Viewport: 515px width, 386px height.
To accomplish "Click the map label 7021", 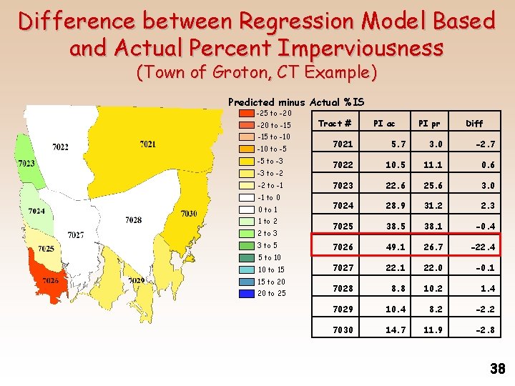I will [x=147, y=144].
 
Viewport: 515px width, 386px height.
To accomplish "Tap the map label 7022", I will [x=61, y=147].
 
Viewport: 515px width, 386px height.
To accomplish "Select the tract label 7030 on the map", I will [x=188, y=214].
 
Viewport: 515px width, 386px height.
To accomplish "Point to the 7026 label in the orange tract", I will [x=49, y=280].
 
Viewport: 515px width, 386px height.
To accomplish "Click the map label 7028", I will [x=133, y=220].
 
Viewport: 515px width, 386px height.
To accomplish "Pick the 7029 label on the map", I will [x=136, y=280].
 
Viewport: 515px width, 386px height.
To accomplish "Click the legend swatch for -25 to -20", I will [x=245, y=113].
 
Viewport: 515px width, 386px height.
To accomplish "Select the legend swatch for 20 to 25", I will [x=245, y=293].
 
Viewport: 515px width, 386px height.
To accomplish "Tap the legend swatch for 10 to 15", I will [x=245, y=269].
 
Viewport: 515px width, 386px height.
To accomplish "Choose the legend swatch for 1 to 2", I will [x=245, y=222].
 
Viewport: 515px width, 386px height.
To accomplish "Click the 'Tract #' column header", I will [x=334, y=124].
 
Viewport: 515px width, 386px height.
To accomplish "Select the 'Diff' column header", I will [x=474, y=124].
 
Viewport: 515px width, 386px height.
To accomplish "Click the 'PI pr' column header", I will [x=429, y=124].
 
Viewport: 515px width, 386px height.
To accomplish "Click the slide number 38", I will [x=497, y=369].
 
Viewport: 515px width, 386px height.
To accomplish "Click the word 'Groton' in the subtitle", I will [x=227, y=73].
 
